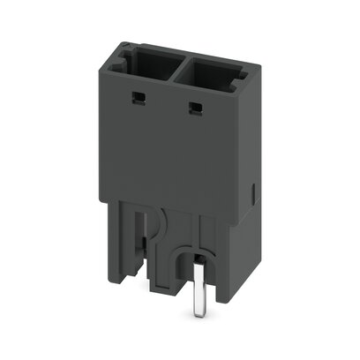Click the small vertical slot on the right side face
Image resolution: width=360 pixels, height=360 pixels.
click(253, 190)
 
